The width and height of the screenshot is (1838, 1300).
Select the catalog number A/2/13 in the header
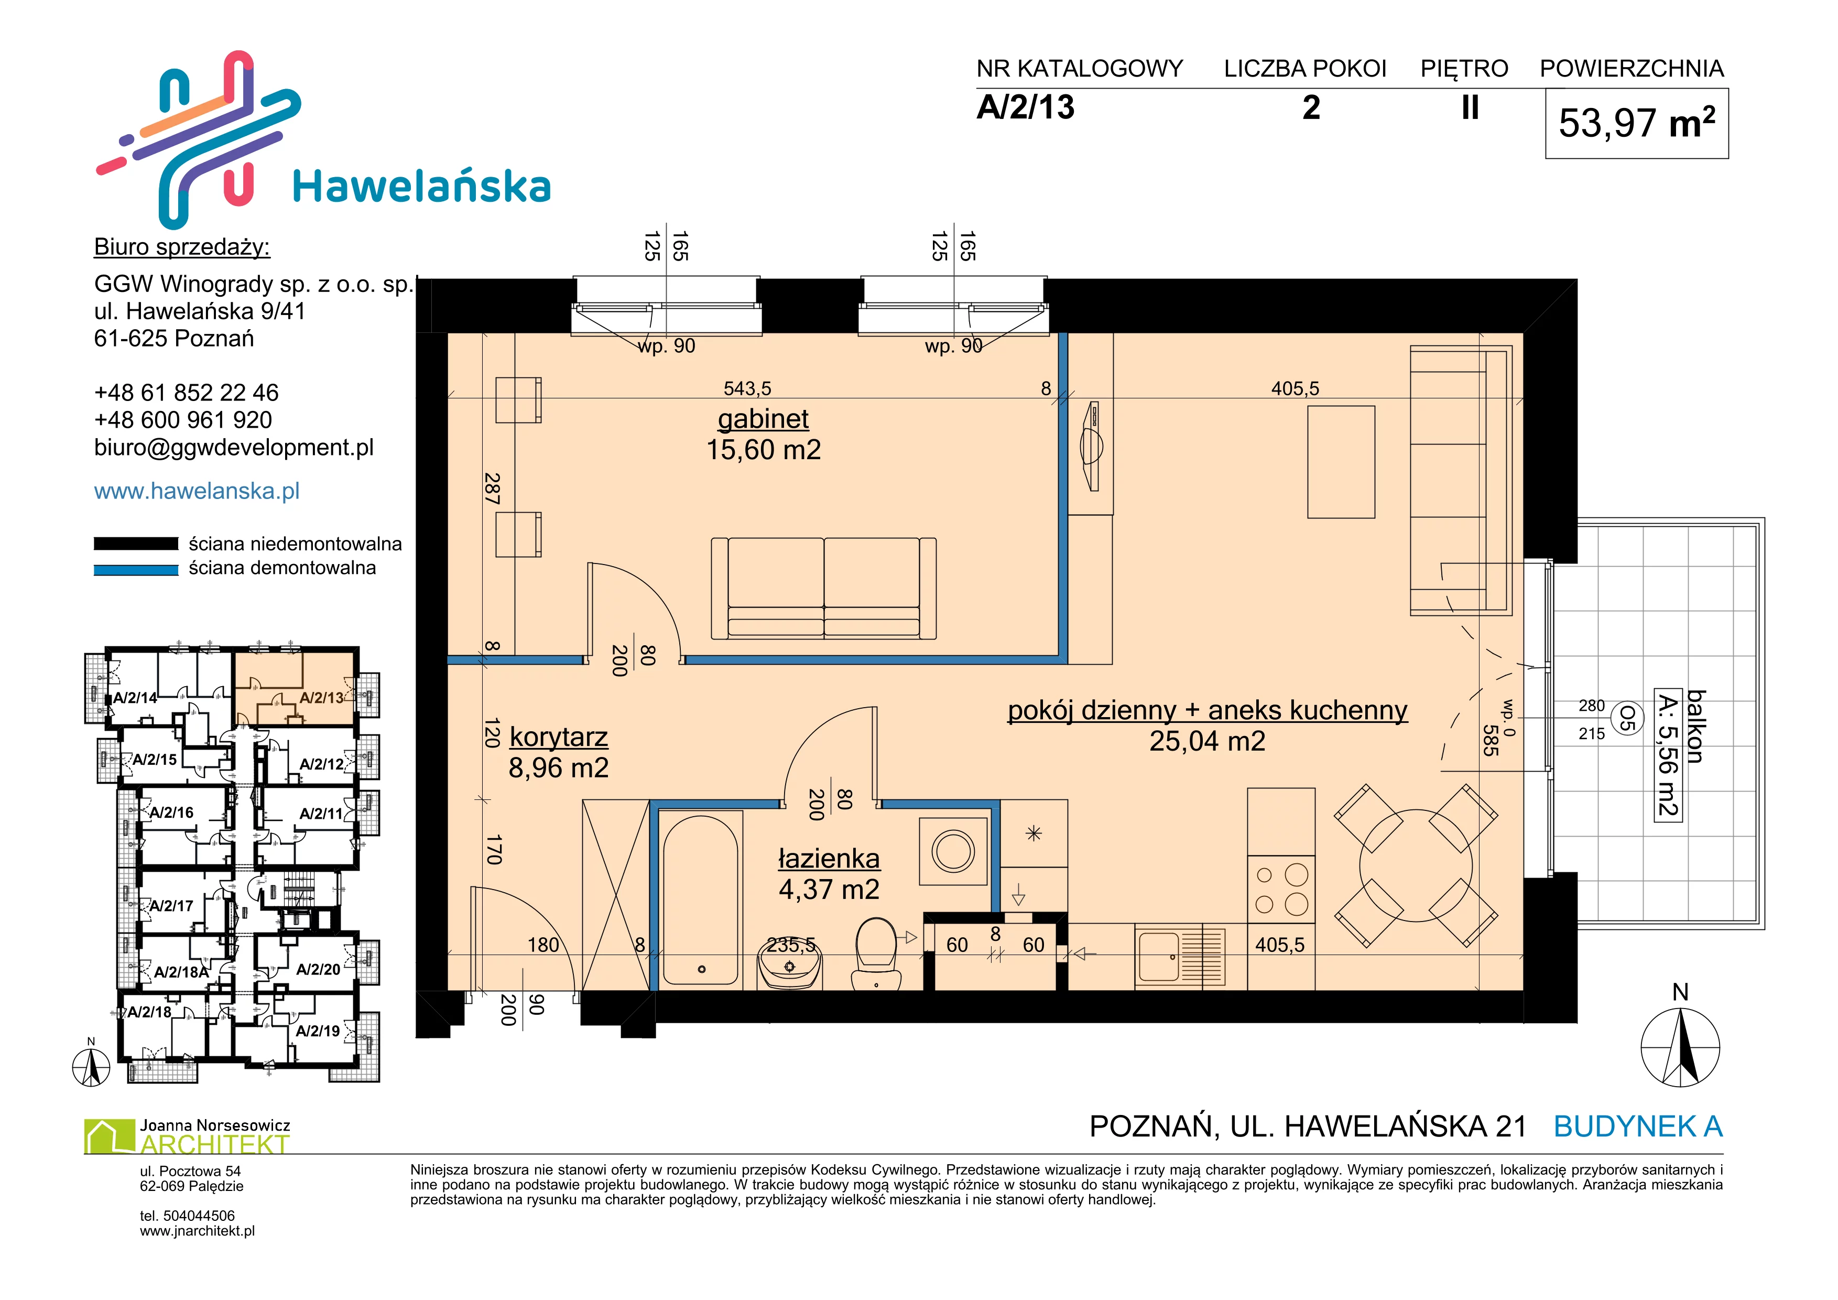[x=1026, y=107]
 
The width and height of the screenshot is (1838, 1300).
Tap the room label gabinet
[x=763, y=419]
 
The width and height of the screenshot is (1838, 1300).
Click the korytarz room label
[x=559, y=736]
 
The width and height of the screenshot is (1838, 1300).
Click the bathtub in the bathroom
[x=701, y=899]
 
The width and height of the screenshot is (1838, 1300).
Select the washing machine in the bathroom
[x=953, y=850]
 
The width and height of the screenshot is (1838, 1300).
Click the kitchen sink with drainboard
[x=1180, y=956]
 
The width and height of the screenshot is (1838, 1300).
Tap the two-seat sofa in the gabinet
[x=824, y=588]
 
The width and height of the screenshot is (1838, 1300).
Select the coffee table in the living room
[x=1341, y=462]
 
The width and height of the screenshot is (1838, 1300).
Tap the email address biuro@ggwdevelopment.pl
[x=234, y=448]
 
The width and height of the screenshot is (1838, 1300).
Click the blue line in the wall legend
[x=136, y=570]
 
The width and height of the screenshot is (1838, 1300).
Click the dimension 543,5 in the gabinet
[x=747, y=389]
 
